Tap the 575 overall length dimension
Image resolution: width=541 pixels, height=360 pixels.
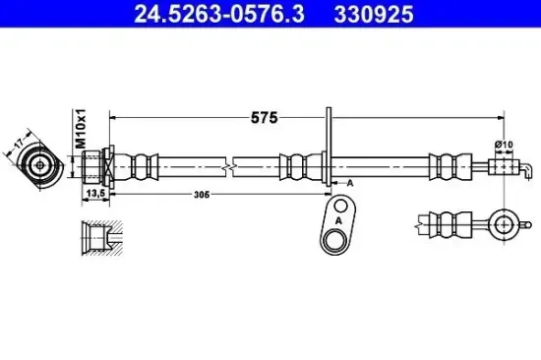[x=263, y=117]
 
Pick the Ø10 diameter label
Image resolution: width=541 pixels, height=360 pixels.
[x=503, y=145]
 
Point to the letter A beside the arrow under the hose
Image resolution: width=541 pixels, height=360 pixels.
[x=349, y=183]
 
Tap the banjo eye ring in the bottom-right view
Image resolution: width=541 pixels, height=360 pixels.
[x=504, y=223]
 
